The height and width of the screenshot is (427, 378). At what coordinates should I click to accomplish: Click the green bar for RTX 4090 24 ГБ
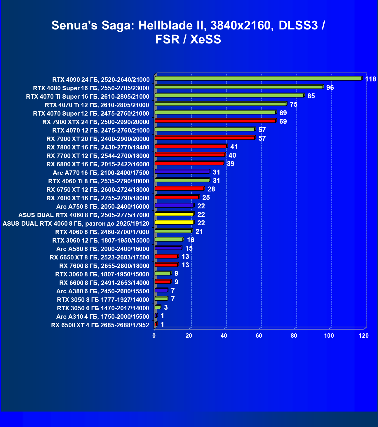258,79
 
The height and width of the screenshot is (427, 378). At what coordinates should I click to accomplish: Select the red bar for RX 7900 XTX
215,121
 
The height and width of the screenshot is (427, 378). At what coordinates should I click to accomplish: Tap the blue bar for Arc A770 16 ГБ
182,172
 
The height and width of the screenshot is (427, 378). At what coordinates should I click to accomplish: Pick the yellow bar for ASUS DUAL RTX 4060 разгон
174,222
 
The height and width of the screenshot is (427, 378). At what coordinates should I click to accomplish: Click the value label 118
370,79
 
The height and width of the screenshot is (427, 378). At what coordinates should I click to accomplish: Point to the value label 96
330,88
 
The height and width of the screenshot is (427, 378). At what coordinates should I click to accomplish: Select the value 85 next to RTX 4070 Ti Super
311,96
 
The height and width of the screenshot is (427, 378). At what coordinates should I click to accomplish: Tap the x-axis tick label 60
259,336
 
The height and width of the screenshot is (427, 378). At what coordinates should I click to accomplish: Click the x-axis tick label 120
364,336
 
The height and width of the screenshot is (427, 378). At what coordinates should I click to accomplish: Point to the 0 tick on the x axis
154,336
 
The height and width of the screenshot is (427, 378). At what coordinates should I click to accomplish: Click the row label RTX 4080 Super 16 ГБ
91,88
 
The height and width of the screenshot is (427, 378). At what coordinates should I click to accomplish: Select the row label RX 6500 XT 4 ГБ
100,325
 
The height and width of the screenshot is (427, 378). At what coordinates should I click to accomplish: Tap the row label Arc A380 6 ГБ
103,291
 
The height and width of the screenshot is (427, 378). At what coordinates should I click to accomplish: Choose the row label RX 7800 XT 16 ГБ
98,147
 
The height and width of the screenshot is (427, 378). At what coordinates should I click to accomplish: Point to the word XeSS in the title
205,39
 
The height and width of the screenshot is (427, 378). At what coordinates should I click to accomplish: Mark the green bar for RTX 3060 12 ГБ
169,239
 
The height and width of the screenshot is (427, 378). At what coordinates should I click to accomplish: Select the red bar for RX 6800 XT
189,163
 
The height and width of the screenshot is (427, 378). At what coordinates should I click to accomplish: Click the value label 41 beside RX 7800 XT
234,147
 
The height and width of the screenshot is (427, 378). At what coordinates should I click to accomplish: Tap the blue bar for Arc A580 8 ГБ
168,248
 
